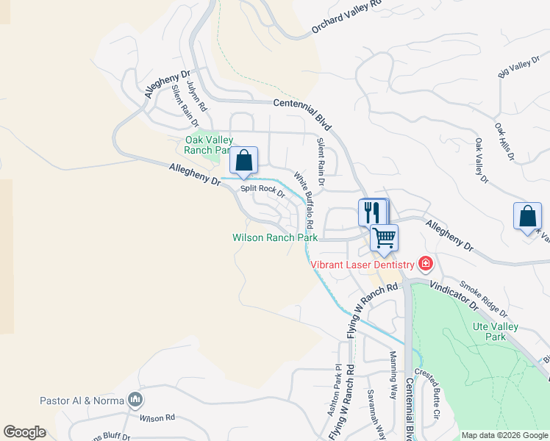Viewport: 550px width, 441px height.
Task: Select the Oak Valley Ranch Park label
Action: [x=209, y=145]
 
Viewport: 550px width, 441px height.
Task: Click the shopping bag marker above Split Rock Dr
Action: [x=243, y=160]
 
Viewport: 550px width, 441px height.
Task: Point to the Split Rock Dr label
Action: [x=262, y=190]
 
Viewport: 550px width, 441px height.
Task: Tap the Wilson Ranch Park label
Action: [x=275, y=237]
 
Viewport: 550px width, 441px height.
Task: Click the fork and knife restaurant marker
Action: [x=371, y=212]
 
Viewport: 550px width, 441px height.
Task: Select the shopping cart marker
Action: [x=384, y=237]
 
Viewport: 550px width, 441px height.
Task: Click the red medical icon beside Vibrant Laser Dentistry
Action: [x=424, y=263]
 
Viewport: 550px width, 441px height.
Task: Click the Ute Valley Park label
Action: [x=496, y=331]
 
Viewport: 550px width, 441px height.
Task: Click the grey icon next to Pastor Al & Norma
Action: [x=135, y=400]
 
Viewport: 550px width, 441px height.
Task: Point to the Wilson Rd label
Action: [x=158, y=417]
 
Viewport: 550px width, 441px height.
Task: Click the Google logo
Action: [x=25, y=431]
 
